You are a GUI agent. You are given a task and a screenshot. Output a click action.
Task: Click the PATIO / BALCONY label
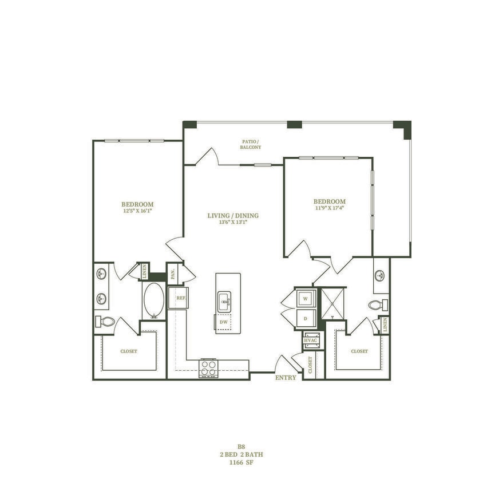coord(250,144)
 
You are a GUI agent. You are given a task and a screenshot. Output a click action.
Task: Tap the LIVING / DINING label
coord(233,216)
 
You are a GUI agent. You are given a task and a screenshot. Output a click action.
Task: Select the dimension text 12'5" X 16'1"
coord(137,211)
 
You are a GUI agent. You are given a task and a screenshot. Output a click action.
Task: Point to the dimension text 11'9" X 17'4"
coord(329,208)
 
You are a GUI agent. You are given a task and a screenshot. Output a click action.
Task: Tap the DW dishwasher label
coord(223,322)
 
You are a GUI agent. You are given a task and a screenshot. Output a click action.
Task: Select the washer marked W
coord(306,299)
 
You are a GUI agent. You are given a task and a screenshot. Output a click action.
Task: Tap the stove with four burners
coord(208,369)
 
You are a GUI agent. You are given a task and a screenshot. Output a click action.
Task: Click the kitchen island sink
coord(224,300)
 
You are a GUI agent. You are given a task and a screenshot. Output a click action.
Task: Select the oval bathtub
coord(153,299)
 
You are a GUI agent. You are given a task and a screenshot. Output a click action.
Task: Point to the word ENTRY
coord(286,378)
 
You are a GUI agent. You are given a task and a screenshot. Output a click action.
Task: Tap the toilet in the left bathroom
coord(106,322)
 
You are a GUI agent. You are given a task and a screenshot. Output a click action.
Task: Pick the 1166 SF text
coord(241,461)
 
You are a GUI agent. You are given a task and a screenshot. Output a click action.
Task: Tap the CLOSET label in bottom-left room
coord(129,351)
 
